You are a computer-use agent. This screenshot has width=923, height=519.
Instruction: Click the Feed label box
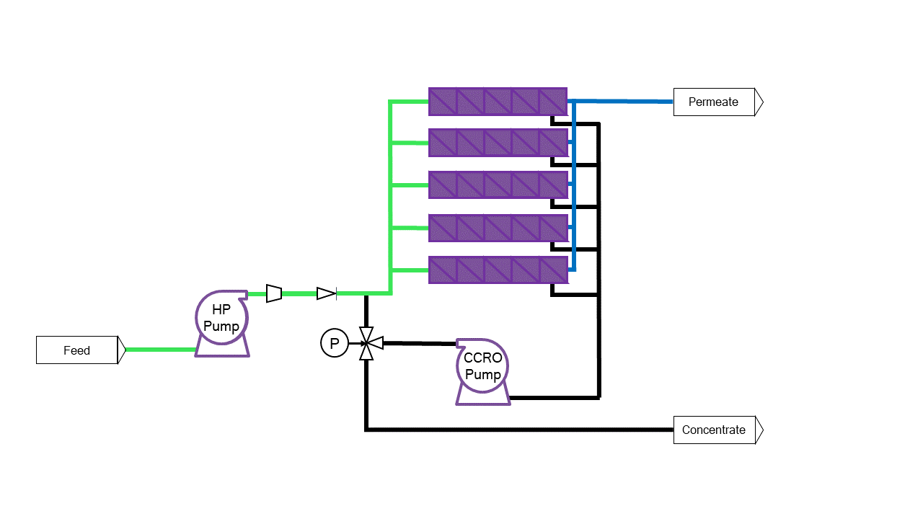pos(76,350)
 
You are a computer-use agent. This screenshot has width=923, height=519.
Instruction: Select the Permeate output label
pos(713,102)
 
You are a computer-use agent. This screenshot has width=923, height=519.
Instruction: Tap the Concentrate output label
pos(713,430)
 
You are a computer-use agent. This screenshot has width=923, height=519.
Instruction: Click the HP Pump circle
pos(221,317)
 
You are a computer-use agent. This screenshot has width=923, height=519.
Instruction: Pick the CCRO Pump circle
pos(482,366)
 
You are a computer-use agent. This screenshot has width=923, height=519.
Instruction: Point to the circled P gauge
pos(334,344)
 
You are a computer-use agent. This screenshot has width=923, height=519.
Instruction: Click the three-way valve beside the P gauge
pos(366,344)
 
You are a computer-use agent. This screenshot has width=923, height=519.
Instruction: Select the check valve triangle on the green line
pos(327,293)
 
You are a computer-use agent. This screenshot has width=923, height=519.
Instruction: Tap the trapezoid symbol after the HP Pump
pos(274,293)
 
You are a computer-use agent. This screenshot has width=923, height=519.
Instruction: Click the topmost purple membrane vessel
pos(498,102)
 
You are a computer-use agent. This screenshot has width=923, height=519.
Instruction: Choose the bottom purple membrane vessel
pos(498,270)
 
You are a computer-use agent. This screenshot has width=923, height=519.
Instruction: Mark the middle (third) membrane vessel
pos(498,185)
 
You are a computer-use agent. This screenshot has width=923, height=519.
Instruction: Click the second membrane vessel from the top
pos(498,143)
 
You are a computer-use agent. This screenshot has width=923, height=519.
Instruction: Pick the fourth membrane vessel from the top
pos(498,228)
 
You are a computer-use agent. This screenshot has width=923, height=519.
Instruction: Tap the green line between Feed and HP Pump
pos(160,350)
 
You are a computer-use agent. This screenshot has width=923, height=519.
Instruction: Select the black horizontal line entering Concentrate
pos(519,430)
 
